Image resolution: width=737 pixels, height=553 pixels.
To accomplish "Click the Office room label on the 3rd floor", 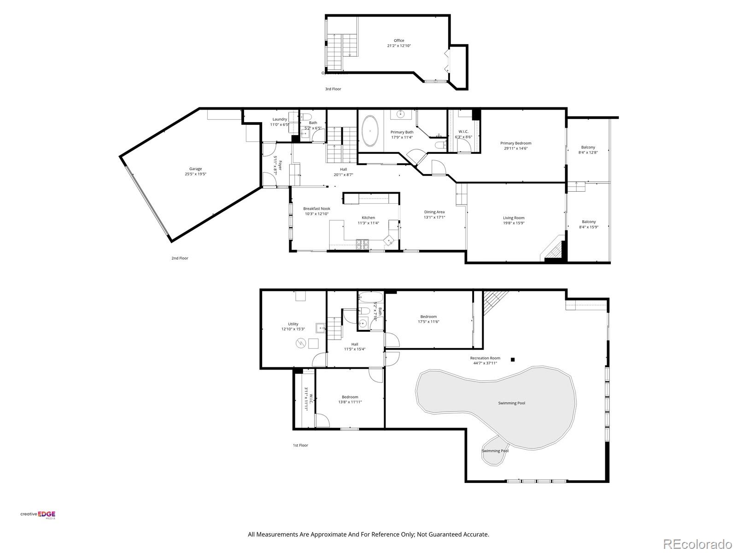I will coord(398,41).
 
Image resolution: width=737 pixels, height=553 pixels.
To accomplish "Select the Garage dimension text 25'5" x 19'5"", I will coord(195,174).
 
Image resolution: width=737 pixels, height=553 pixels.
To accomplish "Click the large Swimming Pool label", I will coord(511,403).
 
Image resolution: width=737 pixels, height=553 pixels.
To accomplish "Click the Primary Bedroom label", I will coord(515,143).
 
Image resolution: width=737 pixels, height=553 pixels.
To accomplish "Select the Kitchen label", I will coord(368,218).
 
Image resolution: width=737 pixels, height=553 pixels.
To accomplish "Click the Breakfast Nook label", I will coord(316,209).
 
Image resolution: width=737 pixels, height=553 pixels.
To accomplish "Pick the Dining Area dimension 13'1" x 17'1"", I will coord(434,218).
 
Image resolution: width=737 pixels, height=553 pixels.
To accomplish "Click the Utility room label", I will coord(293,324).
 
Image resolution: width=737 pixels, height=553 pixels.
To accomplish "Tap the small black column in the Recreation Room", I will coord(512,359).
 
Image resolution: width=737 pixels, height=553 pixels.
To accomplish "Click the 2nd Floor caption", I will coord(180,259).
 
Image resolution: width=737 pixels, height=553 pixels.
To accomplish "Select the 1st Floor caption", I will coord(300,445).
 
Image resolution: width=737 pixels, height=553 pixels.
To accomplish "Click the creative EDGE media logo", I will coord(38,515).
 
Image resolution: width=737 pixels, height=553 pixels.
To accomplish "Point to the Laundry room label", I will coord(280,119).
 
